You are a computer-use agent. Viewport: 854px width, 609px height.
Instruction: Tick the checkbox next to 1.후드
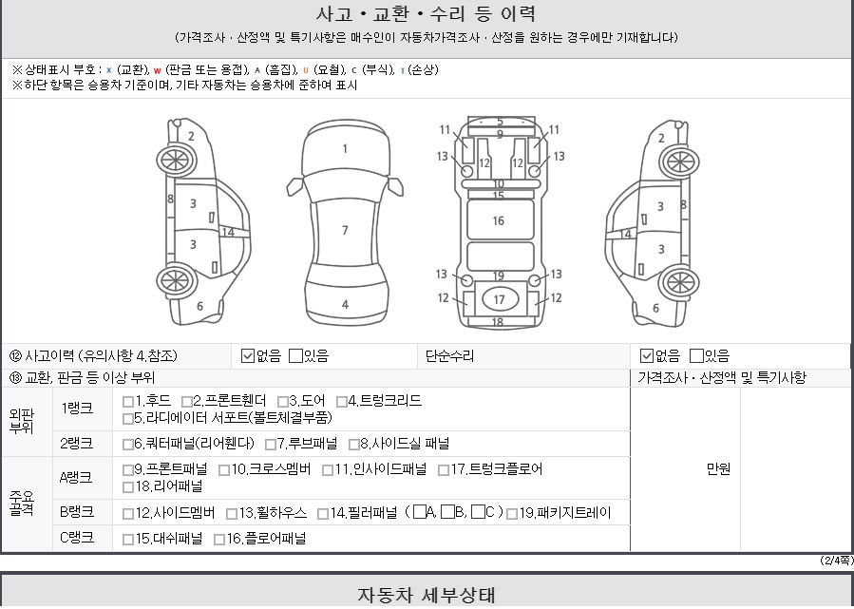[128, 402]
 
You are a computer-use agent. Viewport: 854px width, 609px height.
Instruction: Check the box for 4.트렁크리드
[341, 402]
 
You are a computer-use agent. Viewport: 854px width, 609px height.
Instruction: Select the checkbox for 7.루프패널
[270, 445]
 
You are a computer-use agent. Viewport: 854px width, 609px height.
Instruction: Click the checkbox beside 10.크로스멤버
[224, 470]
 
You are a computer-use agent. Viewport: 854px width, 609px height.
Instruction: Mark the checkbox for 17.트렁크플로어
[444, 470]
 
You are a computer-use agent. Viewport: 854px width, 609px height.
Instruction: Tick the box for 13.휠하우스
[232, 514]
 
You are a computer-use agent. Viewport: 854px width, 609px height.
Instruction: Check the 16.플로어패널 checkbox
[219, 540]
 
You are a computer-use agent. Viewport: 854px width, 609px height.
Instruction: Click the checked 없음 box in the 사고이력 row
[248, 356]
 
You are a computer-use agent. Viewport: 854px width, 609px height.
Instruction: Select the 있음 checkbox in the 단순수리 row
[696, 356]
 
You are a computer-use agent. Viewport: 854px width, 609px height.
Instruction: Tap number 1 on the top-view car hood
[345, 148]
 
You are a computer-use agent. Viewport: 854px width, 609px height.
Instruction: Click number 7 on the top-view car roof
[345, 231]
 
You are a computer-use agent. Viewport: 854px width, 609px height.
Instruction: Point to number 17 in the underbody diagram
[499, 299]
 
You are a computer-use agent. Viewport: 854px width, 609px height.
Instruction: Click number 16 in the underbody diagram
[499, 220]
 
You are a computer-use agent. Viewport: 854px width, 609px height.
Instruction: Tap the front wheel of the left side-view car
[176, 161]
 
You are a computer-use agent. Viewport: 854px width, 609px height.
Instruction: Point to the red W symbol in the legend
[157, 70]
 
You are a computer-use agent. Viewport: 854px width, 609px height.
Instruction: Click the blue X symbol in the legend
[109, 70]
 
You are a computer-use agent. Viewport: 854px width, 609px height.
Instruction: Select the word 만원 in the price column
[718, 469]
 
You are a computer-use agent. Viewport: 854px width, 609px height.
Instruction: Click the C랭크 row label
[77, 538]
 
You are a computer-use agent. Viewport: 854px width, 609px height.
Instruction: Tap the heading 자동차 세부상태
[427, 595]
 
